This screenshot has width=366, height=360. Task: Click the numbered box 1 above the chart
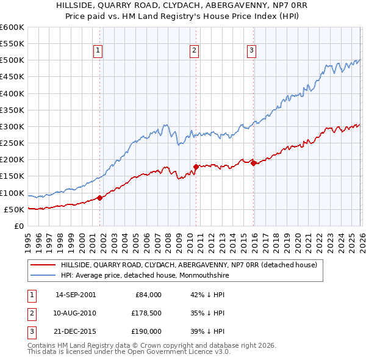[99, 51]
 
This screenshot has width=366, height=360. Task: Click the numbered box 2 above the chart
[194, 51]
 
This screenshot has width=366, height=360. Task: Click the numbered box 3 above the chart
[252, 51]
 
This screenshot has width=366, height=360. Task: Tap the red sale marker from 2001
[99, 198]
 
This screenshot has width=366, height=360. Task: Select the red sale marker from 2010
[196, 166]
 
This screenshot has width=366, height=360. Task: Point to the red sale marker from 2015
[253, 162]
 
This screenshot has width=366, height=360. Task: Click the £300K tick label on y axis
[12, 126]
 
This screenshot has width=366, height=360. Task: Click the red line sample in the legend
[43, 265]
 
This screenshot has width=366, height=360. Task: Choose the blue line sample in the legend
[43, 276]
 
